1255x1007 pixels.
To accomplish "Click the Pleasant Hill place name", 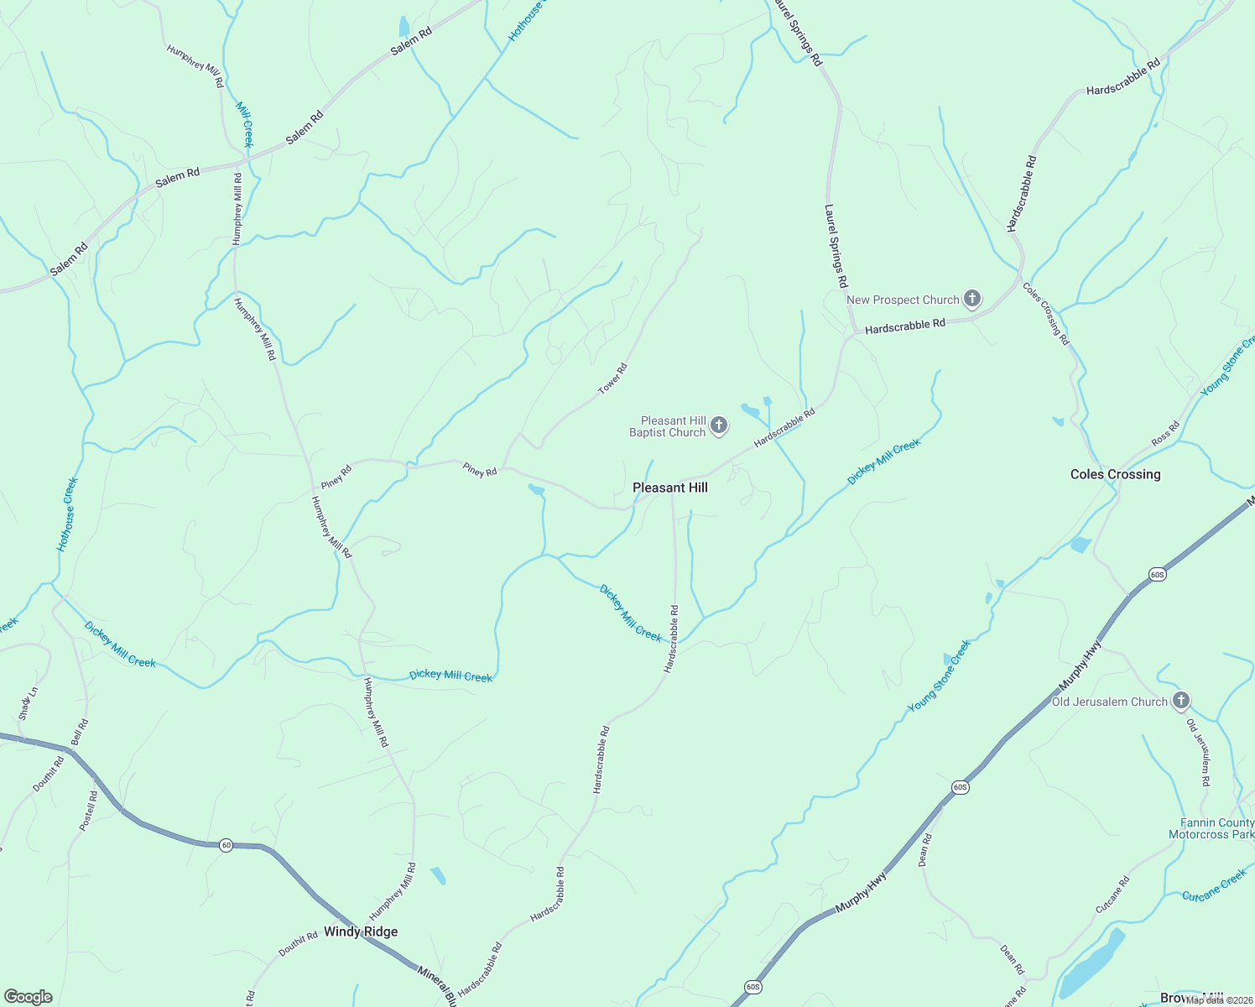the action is tap(669, 488).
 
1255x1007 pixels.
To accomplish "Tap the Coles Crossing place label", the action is tap(1115, 474).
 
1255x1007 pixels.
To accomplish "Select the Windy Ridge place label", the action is tap(361, 931).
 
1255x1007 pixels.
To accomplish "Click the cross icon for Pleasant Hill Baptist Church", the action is tap(719, 425).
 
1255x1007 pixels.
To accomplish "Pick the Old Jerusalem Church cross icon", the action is tap(1181, 700).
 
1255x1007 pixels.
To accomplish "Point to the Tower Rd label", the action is tap(612, 378).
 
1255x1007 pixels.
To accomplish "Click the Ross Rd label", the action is tap(1165, 434).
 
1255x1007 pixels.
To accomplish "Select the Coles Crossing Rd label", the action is tap(1046, 314).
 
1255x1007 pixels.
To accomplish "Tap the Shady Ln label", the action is tap(29, 704).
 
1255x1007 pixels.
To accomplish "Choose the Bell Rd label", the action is tap(80, 732).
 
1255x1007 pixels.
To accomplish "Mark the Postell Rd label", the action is tap(88, 811).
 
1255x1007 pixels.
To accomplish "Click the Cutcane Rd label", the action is tap(1113, 895).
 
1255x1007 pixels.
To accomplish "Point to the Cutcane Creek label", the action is tap(1214, 885).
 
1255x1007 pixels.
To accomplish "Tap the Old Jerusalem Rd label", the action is tap(1199, 752).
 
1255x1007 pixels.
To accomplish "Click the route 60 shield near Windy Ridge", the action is tap(226, 845).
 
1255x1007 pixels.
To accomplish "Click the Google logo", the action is tap(29, 997).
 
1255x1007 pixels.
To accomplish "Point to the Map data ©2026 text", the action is tap(1219, 999).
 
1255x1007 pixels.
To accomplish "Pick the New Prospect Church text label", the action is tap(903, 300).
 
